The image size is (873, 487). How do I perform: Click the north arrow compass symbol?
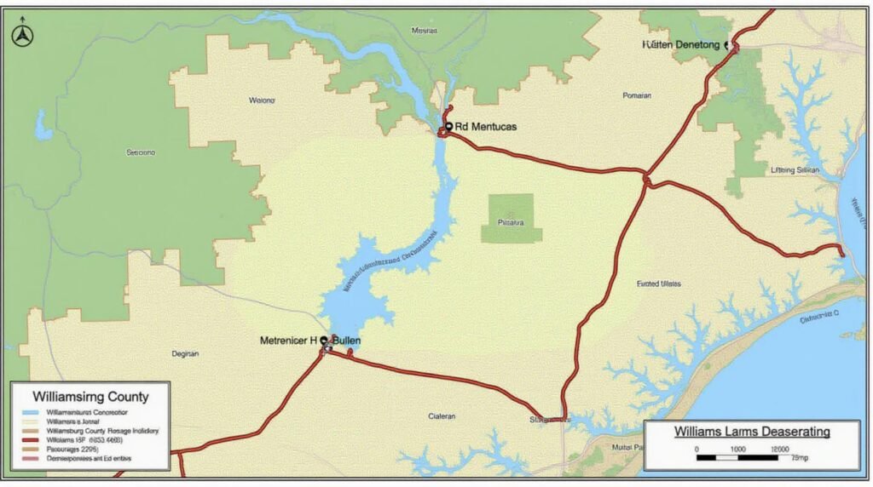21,36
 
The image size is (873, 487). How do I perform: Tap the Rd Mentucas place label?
485,127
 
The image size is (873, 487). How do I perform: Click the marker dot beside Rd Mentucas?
448,126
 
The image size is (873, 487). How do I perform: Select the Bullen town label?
346,340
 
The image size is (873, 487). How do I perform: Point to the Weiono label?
262,100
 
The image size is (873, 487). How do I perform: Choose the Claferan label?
442,416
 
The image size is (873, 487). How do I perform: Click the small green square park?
511,218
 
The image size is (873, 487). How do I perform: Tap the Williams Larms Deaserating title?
752,432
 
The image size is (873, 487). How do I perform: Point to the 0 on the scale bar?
697,449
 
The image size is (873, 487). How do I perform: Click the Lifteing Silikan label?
795,170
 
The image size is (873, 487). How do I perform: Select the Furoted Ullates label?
659,284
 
